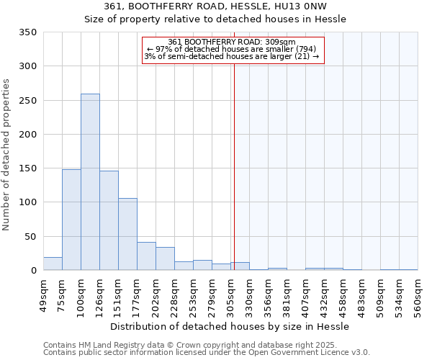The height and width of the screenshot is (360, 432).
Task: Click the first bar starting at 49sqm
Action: click(53, 264)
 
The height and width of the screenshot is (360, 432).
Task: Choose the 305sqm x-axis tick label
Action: click(230, 295)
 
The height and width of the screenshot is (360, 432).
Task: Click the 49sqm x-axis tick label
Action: click(43, 295)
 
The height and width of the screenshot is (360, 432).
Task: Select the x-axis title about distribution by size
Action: click(230, 326)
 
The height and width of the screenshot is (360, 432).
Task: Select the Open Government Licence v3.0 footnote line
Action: click(207, 352)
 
